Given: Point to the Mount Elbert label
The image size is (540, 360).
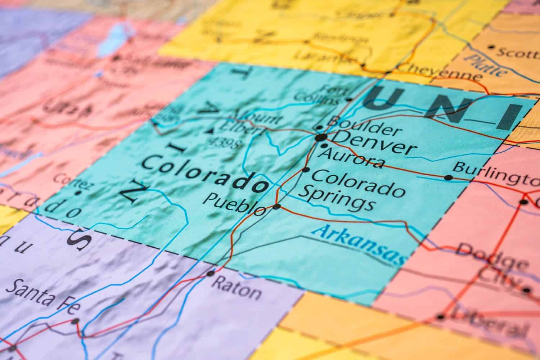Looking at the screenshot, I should coord(248,122).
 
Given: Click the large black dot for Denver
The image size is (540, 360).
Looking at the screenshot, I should coord(321,137).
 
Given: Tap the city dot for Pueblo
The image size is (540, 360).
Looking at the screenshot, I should coord(276,207).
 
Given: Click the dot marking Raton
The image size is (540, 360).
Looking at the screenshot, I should coord(210,274).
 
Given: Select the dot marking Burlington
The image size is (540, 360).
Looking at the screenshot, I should coord(448,177).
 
